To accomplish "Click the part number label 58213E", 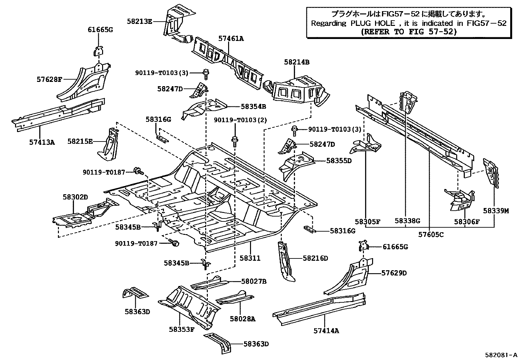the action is click(139, 21).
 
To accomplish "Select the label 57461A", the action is click(231, 38).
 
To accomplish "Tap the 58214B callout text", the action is click(297, 62).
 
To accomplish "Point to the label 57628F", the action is click(49, 80).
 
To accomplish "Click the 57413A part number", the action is click(42, 142).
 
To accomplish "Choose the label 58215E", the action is click(80, 141).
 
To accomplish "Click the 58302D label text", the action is click(75, 197).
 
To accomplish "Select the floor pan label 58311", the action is click(250, 258).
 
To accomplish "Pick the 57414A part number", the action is click(326, 331).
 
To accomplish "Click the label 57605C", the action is click(431, 235).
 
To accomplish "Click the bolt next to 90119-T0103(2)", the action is click(234, 142).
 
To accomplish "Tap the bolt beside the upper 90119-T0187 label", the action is click(139, 171).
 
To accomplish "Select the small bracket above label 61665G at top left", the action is click(99, 51).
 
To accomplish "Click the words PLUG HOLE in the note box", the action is click(373, 23).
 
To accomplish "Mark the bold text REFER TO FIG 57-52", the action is click(409, 31).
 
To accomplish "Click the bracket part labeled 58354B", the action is click(204, 109).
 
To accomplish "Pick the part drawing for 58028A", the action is click(235, 297).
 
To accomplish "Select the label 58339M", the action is click(496, 211).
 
